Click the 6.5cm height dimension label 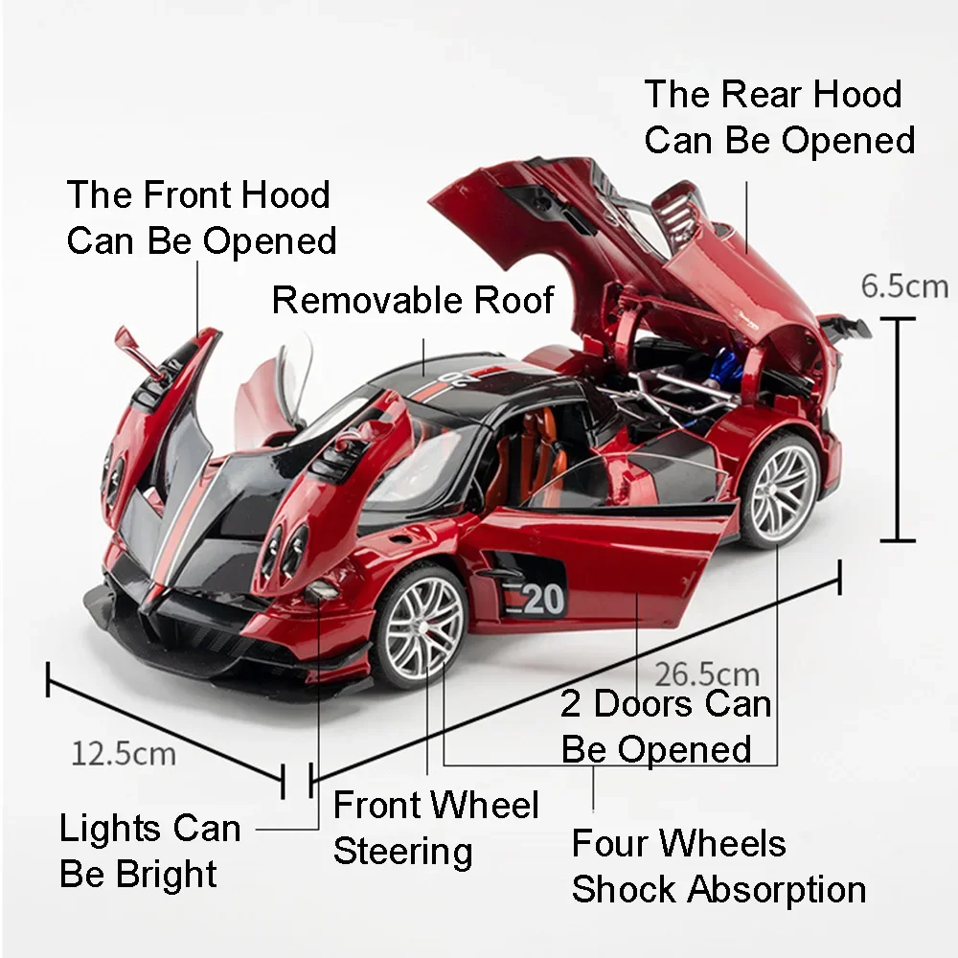pyautogui.click(x=903, y=285)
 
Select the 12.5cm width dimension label pyautogui.click(x=124, y=753)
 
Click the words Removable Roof pyautogui.click(x=413, y=300)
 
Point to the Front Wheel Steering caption pyautogui.click(x=436, y=828)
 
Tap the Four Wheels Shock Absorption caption pyautogui.click(x=718, y=866)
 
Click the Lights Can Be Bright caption pyautogui.click(x=149, y=852)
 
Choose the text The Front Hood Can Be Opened pyautogui.click(x=201, y=217)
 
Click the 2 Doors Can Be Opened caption pyautogui.click(x=666, y=726)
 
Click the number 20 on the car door pyautogui.click(x=542, y=599)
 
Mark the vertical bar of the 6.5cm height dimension pyautogui.click(x=898, y=428)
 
